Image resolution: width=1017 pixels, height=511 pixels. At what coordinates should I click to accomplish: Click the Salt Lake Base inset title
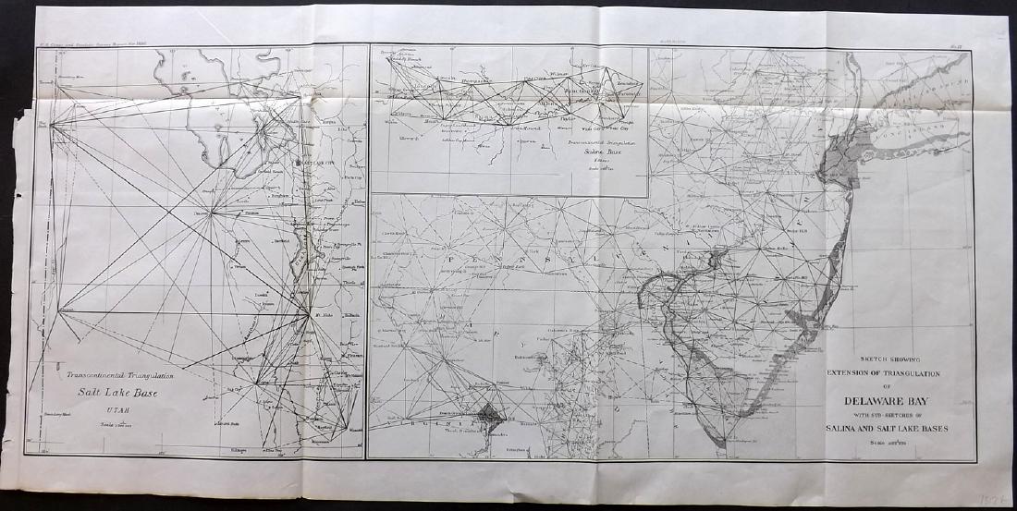(x=114, y=391)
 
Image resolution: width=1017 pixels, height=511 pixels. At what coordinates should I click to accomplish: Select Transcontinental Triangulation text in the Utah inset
(x=120, y=375)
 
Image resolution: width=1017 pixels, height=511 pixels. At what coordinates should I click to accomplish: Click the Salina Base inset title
(x=605, y=152)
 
